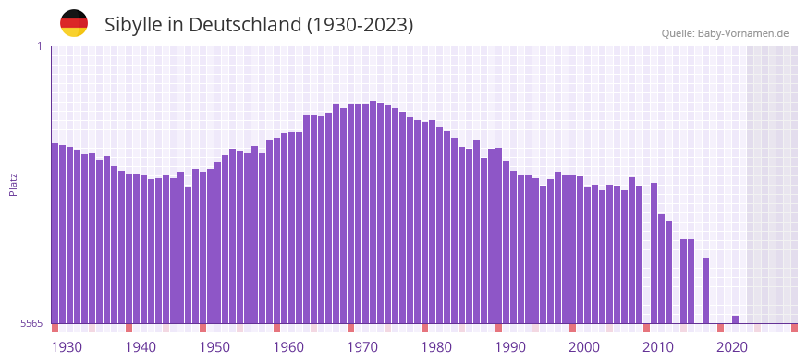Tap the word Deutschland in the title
tap(243, 25)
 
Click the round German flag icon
tap(74, 23)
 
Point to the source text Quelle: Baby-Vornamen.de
tap(725, 33)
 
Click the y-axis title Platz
tap(13, 184)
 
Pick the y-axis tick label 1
tap(40, 46)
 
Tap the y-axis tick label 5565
tap(31, 323)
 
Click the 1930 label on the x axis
tap(67, 347)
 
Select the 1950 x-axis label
tap(214, 347)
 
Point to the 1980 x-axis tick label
tap(436, 347)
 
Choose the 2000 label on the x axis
tap(584, 347)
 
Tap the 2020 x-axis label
tap(732, 347)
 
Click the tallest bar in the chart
tap(373, 212)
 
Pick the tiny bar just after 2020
tap(735, 320)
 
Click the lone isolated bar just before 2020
tap(705, 290)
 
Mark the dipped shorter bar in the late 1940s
tap(188, 255)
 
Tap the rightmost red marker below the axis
tap(794, 328)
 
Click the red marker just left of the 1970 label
tap(350, 328)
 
